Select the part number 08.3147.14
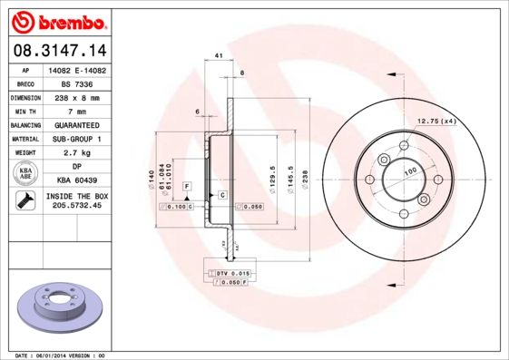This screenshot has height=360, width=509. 56,50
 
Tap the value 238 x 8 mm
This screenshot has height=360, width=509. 75,96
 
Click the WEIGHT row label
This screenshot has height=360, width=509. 24,153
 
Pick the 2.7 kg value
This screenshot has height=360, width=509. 75,153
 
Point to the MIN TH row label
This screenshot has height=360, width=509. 24,111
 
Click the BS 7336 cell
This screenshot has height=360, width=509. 75,83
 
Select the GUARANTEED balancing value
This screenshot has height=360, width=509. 75,124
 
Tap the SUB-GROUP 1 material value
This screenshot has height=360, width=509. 75,139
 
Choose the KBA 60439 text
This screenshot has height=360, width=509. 75,181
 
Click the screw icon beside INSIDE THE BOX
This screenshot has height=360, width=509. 24,201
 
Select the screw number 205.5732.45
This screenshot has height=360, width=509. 75,207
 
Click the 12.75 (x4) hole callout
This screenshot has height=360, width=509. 435,120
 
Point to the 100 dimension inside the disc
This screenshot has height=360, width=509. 409,170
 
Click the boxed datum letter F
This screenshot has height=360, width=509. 187,186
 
